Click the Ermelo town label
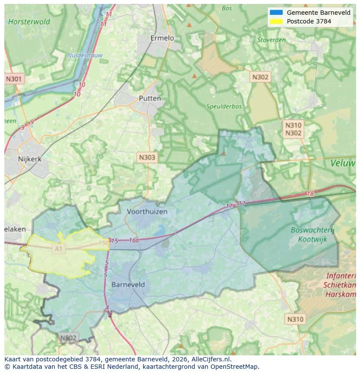[x=162, y=38]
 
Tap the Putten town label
[x=150, y=98]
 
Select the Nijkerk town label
[x=30, y=159]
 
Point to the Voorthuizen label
[x=147, y=212]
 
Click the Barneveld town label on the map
[x=128, y=285]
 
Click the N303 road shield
[x=147, y=158]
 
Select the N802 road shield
[x=68, y=338]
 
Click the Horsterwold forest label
[x=29, y=21]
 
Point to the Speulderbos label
[x=224, y=106]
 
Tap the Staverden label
[x=271, y=40]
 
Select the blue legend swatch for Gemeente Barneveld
[x=276, y=13]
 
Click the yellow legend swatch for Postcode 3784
[x=276, y=21]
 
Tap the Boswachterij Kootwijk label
[x=312, y=235]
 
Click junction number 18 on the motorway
[x=310, y=194]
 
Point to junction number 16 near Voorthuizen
[x=133, y=240]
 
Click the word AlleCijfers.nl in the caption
[x=211, y=359]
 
